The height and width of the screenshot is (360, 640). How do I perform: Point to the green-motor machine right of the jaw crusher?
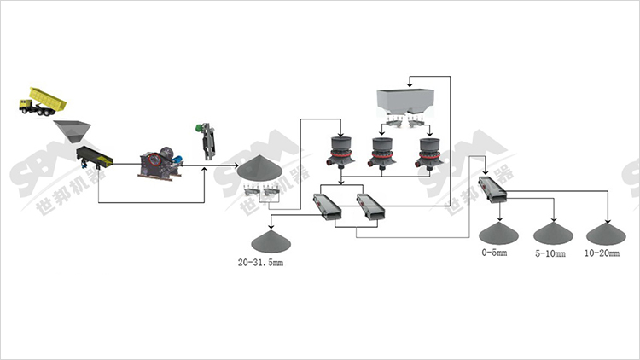(208, 142)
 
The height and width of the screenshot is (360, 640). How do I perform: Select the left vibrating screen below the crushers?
(329, 206)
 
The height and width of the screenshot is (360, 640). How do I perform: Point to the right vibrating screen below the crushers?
(371, 206)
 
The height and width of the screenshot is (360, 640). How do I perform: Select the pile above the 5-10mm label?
(550, 233)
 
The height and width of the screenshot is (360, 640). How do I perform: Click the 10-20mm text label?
(602, 254)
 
